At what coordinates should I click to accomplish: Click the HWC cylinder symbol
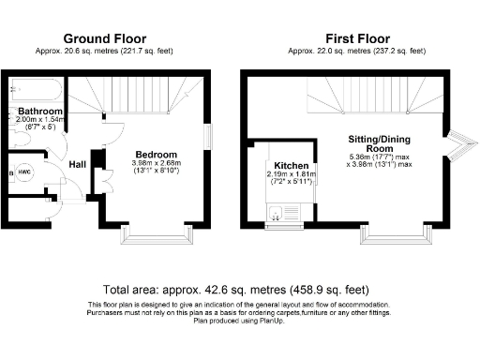tap(26, 172)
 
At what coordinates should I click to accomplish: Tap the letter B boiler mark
tap(9, 172)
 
